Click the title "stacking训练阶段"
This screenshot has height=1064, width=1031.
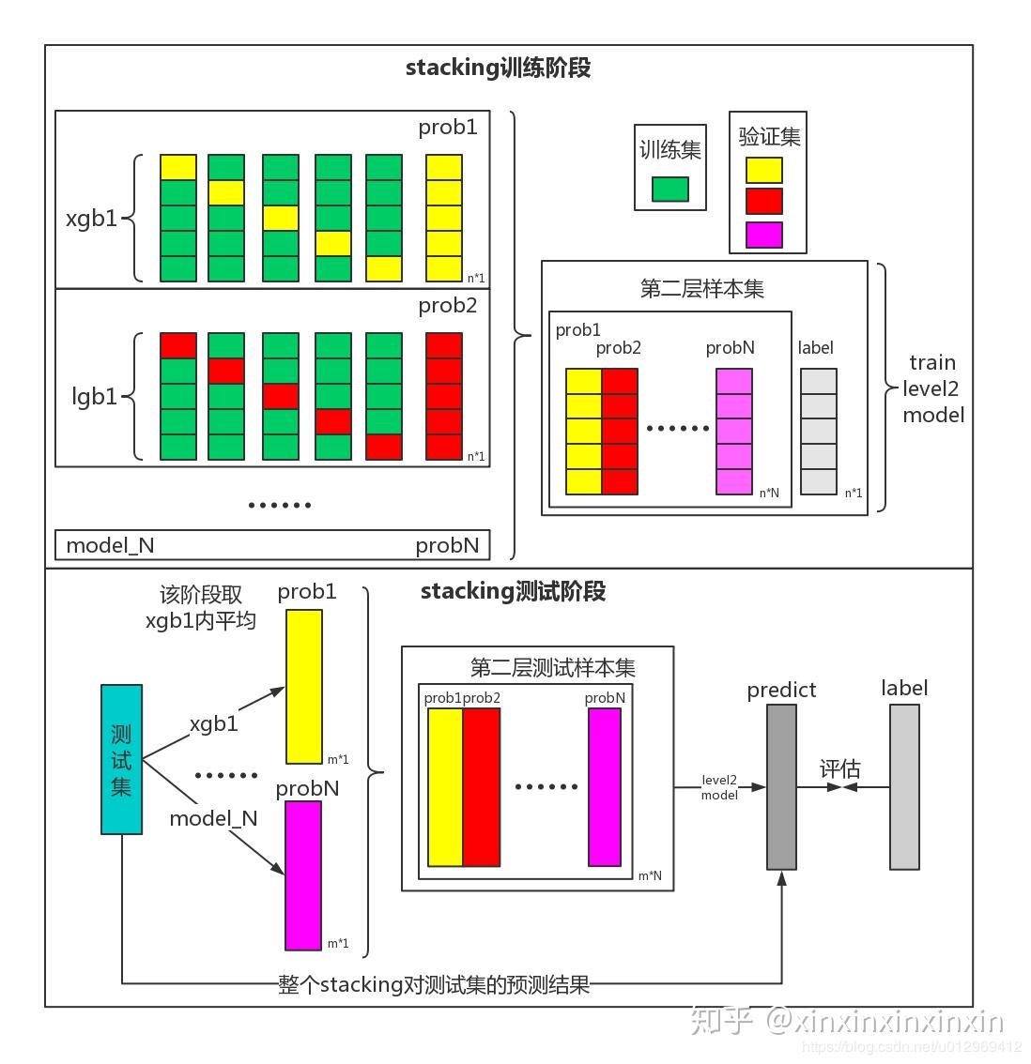pyautogui.click(x=498, y=68)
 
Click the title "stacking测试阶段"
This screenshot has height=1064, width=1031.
pyautogui.click(x=513, y=591)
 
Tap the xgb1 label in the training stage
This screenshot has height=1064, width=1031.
pyautogui.click(x=91, y=219)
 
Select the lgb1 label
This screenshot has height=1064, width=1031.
pyautogui.click(x=95, y=397)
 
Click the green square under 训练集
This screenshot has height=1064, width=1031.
pyautogui.click(x=669, y=189)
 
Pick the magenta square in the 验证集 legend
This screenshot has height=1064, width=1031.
pyautogui.click(x=763, y=235)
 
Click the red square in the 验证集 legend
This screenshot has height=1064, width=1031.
pyautogui.click(x=763, y=202)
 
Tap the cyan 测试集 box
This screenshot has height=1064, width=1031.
pyautogui.click(x=121, y=759)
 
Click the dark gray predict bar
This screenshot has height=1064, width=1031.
pyautogui.click(x=781, y=787)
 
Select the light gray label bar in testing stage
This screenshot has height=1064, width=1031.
pyautogui.click(x=904, y=787)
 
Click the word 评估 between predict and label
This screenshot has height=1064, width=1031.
pyautogui.click(x=839, y=769)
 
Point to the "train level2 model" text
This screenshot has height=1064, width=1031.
pyautogui.click(x=932, y=388)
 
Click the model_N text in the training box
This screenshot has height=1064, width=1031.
pyautogui.click(x=110, y=545)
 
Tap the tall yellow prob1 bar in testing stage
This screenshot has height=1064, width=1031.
pyautogui.click(x=303, y=687)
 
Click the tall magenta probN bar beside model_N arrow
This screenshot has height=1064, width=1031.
pyautogui.click(x=303, y=875)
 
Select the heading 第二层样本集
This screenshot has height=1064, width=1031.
pyautogui.click(x=701, y=289)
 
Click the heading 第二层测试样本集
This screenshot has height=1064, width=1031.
pyautogui.click(x=552, y=668)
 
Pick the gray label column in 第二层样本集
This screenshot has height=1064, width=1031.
pyautogui.click(x=818, y=432)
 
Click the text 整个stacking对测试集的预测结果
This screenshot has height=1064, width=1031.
pyautogui.click(x=434, y=984)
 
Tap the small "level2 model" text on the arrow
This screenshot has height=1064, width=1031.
pyautogui.click(x=719, y=787)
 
